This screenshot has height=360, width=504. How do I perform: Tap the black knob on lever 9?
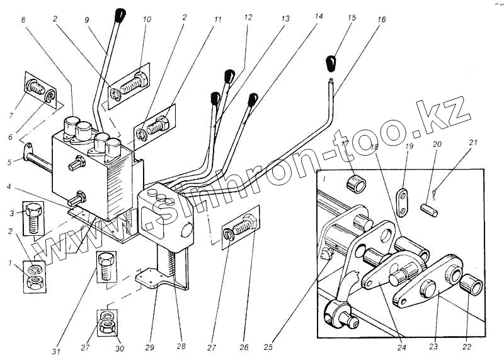tap(120, 14)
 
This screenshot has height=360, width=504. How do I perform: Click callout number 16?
tap(381, 20)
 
